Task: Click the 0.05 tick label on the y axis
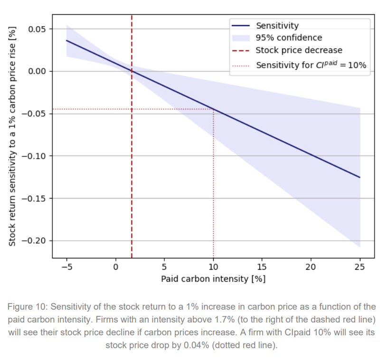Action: [x=37, y=29]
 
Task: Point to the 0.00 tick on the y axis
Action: [x=37, y=71]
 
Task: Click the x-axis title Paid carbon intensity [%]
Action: [x=213, y=279]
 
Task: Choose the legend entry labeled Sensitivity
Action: [x=277, y=26]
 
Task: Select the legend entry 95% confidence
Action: [x=289, y=38]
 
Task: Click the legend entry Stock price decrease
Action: [x=299, y=50]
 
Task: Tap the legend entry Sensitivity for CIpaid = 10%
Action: [x=311, y=65]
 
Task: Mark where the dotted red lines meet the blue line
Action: [x=213, y=109]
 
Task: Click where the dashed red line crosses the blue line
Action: [x=132, y=71]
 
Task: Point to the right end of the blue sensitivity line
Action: [x=360, y=177]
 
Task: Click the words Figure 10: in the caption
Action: [x=28, y=306]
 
